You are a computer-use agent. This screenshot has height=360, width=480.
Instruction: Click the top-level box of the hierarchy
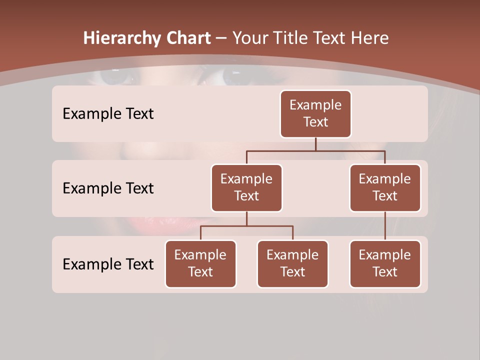(315, 114)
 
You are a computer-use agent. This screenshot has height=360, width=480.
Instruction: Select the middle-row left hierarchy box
(246, 188)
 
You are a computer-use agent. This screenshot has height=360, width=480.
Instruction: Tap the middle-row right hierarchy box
(385, 188)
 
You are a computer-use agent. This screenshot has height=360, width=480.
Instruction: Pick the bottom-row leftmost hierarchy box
(200, 264)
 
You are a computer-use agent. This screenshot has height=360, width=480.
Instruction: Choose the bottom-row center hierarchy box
(292, 264)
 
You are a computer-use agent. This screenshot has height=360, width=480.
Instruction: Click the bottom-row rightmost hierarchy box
(385, 264)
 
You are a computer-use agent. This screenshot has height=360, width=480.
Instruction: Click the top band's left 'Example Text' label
(108, 114)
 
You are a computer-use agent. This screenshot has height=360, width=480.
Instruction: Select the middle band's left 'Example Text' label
(108, 188)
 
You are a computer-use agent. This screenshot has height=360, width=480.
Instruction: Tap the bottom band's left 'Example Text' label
(108, 264)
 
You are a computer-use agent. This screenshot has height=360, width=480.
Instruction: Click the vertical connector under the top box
(315, 144)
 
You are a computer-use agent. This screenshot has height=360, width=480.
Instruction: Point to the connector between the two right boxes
(385, 225)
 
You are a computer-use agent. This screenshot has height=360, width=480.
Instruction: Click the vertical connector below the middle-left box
(246, 218)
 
